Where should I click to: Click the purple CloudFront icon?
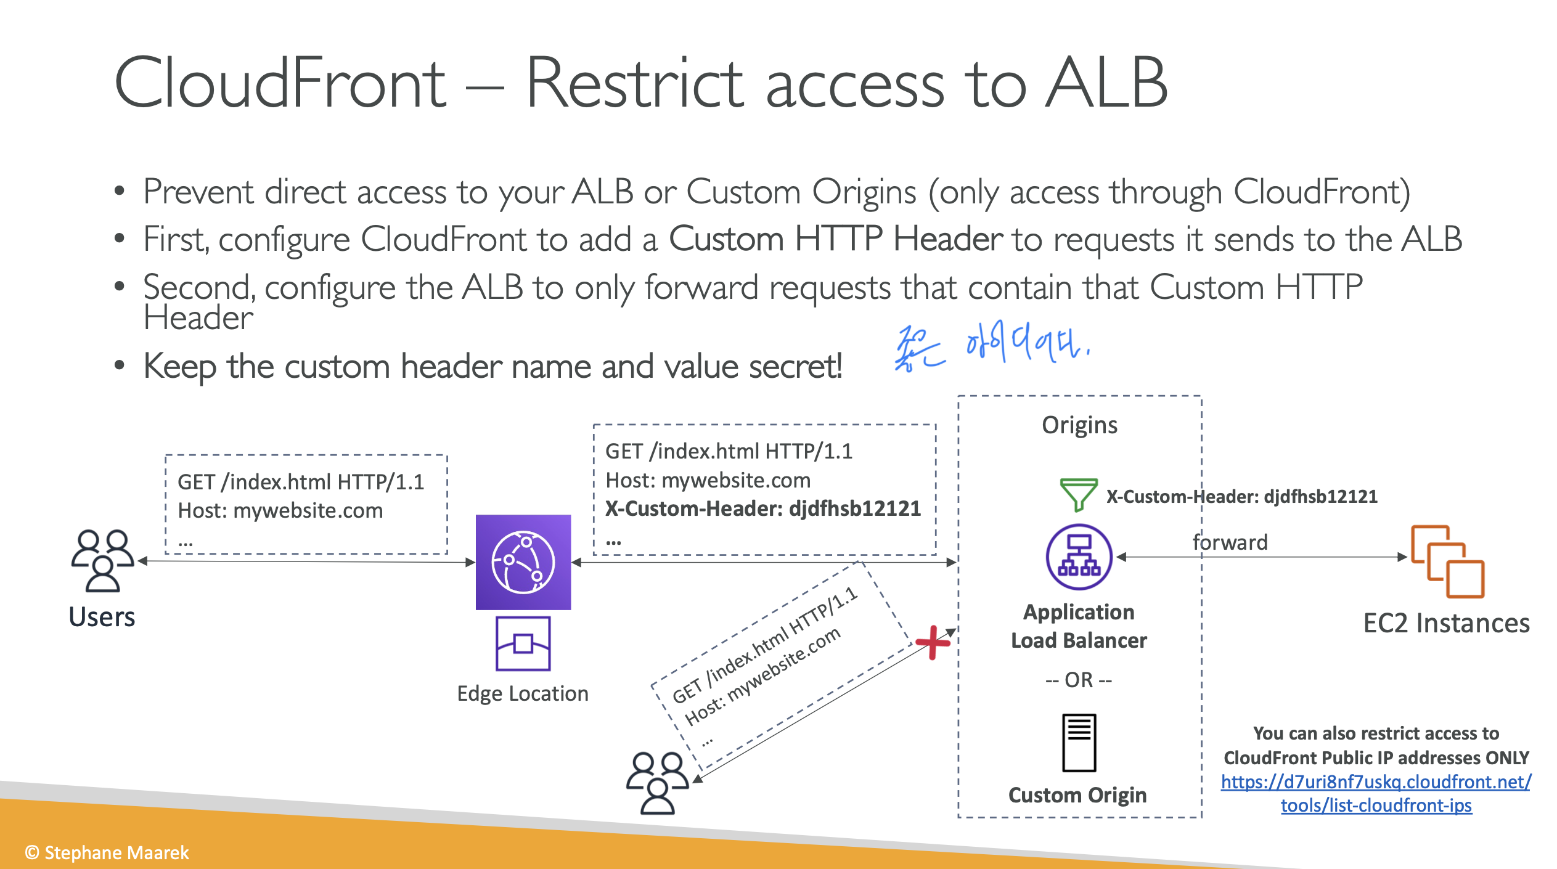(x=523, y=562)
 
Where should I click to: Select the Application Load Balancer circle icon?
(x=1079, y=557)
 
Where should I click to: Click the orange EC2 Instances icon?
(x=1447, y=561)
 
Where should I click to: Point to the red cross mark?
(x=933, y=642)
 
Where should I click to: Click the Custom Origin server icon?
(x=1079, y=743)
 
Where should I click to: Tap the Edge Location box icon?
(x=523, y=643)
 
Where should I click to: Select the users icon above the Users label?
(x=102, y=561)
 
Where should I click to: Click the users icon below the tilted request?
(x=658, y=783)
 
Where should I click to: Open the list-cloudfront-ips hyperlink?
(x=1376, y=793)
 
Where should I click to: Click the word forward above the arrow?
(x=1230, y=542)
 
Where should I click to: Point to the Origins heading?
(x=1079, y=425)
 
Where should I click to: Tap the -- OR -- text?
(x=1079, y=680)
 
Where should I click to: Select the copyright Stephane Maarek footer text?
(x=107, y=852)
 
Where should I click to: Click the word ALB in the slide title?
(x=1106, y=83)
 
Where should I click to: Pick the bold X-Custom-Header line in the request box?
(x=762, y=508)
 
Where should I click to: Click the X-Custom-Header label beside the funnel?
(x=1241, y=496)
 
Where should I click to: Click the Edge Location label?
(x=523, y=694)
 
